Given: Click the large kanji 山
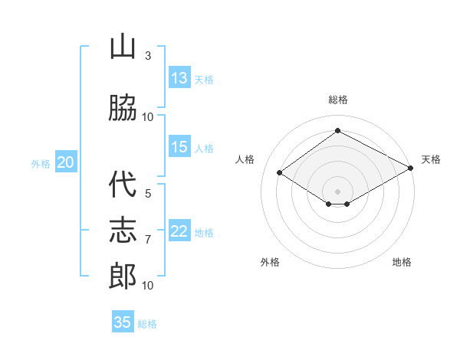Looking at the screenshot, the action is click(x=123, y=46).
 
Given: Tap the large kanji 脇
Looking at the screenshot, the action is click(x=123, y=107).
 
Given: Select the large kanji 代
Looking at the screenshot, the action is click(x=123, y=184).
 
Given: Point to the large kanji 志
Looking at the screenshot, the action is click(x=123, y=230).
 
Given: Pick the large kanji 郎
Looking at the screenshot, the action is click(x=123, y=276).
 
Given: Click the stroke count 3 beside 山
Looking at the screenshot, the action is click(x=148, y=56).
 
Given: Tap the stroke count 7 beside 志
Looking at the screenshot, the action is click(x=148, y=240).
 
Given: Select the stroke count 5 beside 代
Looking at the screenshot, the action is click(x=148, y=194).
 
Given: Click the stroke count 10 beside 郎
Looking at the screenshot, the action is click(x=147, y=286).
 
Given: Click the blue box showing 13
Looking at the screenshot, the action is click(x=179, y=77).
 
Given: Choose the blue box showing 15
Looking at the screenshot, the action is click(x=179, y=146).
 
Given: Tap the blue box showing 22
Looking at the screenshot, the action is click(x=179, y=230).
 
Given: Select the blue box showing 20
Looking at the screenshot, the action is click(x=66, y=162).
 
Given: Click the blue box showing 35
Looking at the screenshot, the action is click(x=123, y=321).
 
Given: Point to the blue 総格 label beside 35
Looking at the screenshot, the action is click(x=147, y=324).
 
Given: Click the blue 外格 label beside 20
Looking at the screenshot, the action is click(x=41, y=164).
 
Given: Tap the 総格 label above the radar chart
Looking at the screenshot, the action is click(x=338, y=100).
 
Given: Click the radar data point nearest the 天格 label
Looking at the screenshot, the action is click(x=411, y=168).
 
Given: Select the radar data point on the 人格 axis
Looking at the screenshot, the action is click(x=280, y=172).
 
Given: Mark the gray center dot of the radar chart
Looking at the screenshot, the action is click(x=337, y=191).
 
